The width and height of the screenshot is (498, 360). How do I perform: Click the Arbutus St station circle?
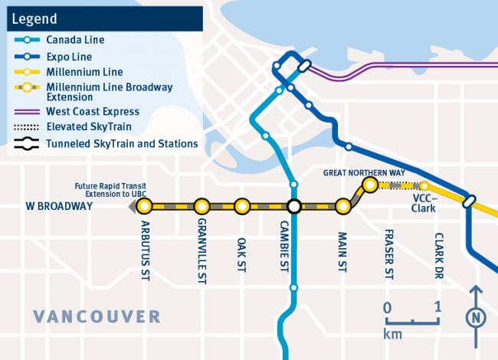pos(145,206)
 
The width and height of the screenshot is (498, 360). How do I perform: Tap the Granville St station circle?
pos(201,206)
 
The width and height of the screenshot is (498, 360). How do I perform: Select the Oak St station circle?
pos(242,206)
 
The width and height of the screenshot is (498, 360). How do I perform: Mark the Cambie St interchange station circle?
pos(293,206)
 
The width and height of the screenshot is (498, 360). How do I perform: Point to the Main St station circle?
pos(343,206)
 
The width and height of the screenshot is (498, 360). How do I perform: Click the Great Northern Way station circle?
pos(369,185)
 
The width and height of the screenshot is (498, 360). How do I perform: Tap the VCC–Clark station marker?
pos(424,185)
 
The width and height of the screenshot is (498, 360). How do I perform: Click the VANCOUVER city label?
pos(97,316)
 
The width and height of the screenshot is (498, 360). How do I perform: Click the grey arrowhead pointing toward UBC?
pos(132,206)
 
